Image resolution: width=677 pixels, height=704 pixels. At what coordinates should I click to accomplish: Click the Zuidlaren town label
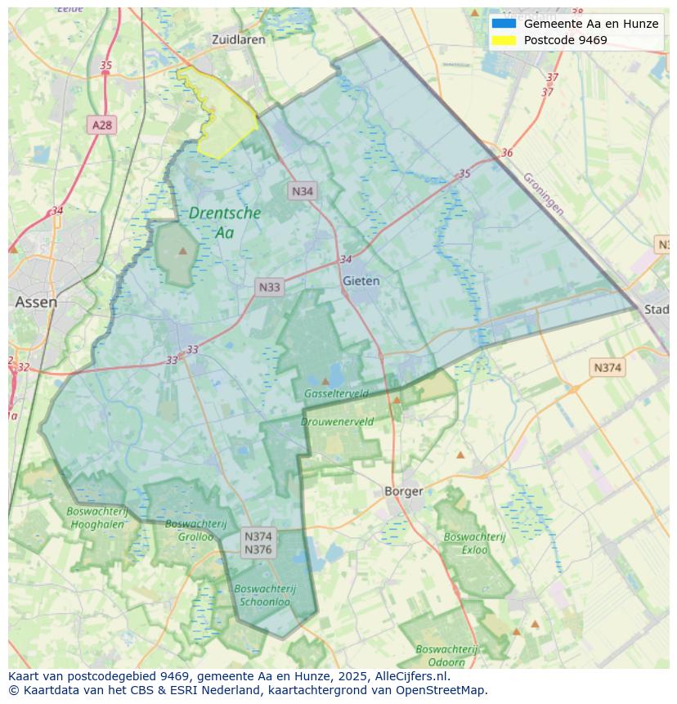(x=238, y=39)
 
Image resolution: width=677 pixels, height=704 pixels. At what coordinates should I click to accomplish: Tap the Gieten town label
(x=361, y=280)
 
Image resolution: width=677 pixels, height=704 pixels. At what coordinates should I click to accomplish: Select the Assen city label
(x=36, y=302)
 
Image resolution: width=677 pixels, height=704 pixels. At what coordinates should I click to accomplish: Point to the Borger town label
(x=404, y=491)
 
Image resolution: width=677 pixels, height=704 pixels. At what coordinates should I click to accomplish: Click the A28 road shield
(x=102, y=125)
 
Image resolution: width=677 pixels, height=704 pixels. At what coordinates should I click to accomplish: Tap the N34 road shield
(x=303, y=191)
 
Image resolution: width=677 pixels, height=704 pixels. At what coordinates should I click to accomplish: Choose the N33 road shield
(x=269, y=287)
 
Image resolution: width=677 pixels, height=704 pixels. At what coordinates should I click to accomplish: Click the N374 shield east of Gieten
(x=607, y=368)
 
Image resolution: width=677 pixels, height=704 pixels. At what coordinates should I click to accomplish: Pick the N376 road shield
(x=258, y=550)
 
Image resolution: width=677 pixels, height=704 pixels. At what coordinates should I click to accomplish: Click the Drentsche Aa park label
(x=224, y=222)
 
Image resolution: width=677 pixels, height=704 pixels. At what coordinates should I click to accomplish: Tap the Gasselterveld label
(x=336, y=393)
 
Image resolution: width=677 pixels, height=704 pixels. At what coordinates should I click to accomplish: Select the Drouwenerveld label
(x=337, y=422)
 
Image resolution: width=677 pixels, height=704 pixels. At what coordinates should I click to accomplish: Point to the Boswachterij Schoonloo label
(x=264, y=594)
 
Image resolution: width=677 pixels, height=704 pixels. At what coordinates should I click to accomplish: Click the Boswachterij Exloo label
(x=474, y=543)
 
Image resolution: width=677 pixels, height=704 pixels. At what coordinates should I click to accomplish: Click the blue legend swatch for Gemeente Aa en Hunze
(x=504, y=24)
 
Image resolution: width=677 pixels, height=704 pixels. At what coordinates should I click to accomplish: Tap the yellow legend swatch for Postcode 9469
(x=504, y=40)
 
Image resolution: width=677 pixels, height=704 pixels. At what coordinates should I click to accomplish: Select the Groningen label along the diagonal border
(x=543, y=194)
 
